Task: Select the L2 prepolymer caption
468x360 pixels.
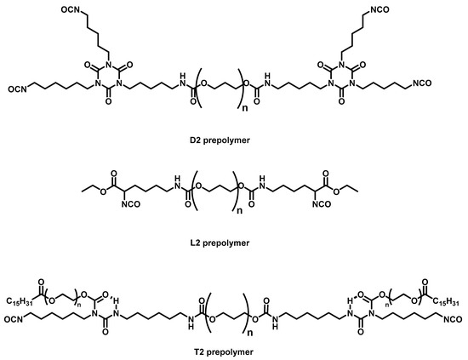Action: pos(234,243)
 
